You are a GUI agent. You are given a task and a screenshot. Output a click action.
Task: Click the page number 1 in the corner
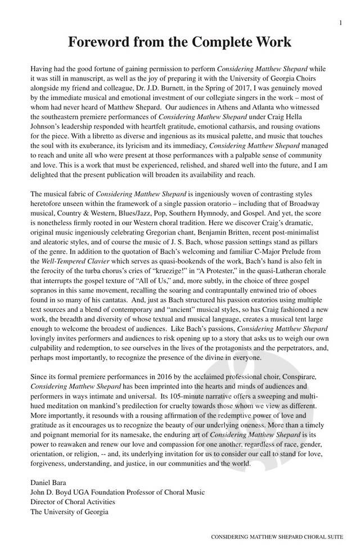pos(341,23)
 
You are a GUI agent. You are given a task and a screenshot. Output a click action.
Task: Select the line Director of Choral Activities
pos(73,501)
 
